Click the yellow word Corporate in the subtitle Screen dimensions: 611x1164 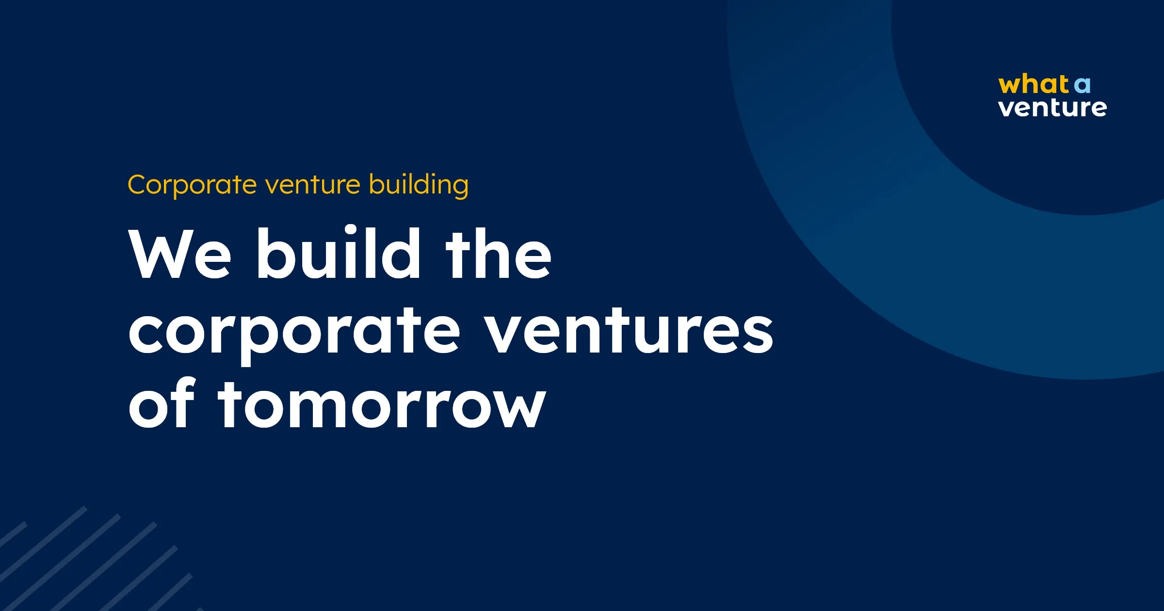192,185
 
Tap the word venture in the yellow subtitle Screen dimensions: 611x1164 313,185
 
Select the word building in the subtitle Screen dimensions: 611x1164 419,185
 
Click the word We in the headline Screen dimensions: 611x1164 180,255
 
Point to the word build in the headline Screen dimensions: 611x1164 338,253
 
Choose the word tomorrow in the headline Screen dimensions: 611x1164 382,405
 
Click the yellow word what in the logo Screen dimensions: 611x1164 1033,84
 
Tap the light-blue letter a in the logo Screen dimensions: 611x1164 1082,86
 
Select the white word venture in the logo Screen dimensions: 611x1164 1052,108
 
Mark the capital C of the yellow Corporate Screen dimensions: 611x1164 138,185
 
